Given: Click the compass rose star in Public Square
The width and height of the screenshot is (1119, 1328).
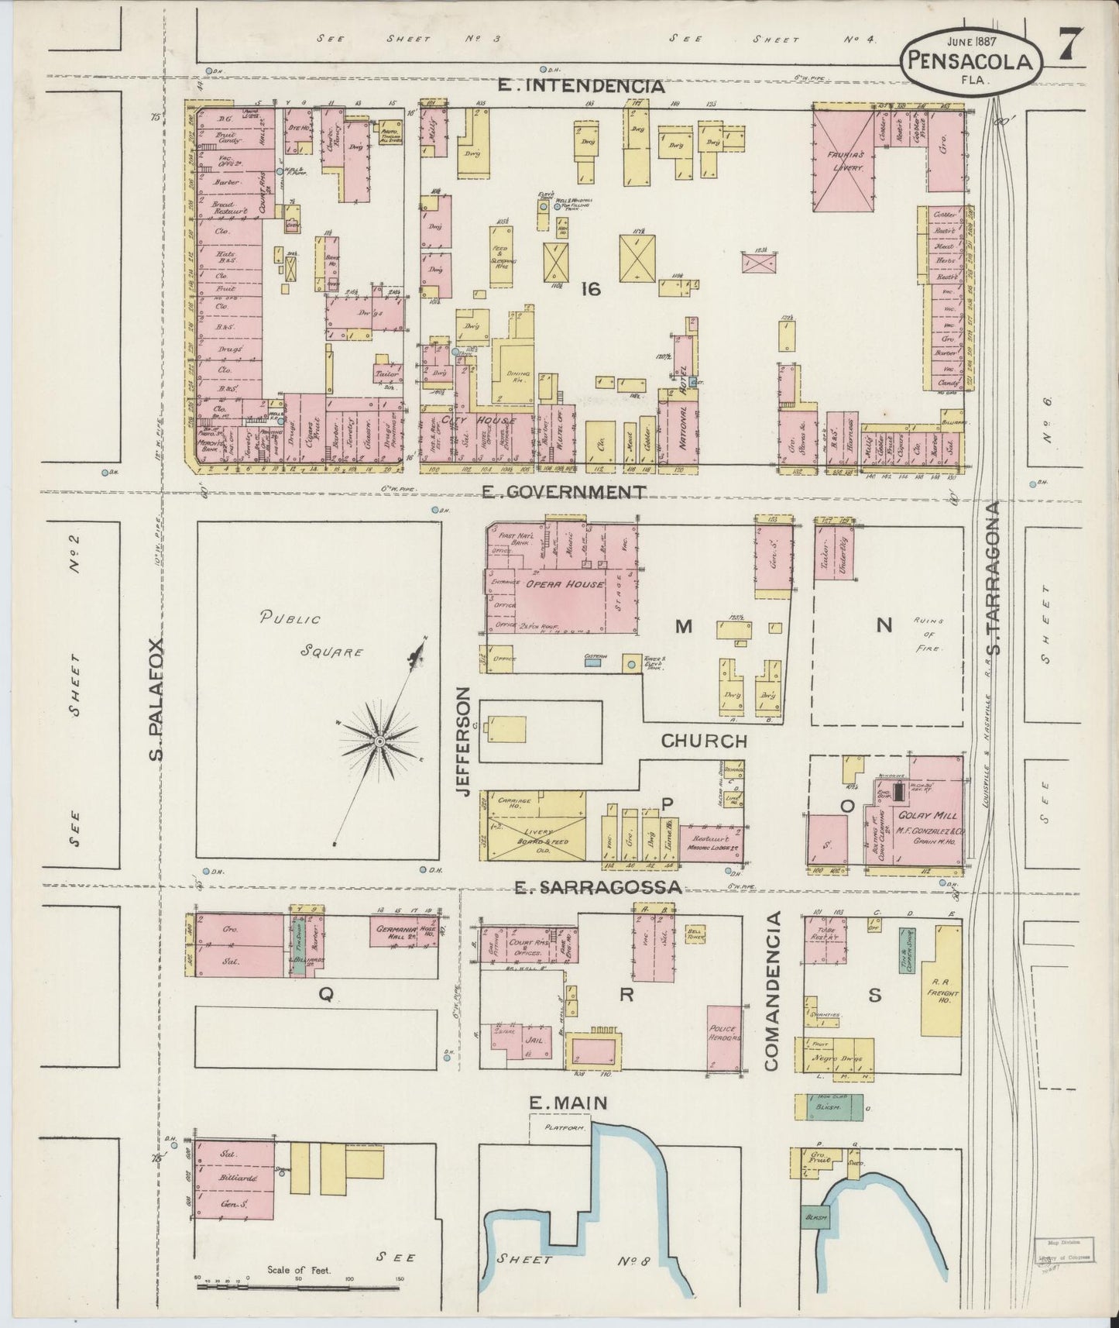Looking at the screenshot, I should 379,741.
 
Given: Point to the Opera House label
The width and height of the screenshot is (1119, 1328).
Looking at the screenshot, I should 564,584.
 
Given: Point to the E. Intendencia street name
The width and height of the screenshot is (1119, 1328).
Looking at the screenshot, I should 580,86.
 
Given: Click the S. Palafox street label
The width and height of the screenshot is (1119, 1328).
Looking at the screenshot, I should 156,700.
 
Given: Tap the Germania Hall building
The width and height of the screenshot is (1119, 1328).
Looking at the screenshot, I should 396,934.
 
